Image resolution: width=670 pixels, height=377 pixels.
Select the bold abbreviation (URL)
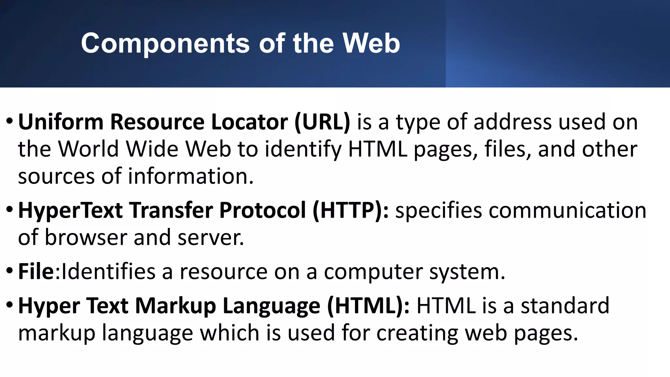point(322,122)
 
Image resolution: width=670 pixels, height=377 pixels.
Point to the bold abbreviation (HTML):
point(368,306)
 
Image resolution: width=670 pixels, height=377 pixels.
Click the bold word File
point(36,271)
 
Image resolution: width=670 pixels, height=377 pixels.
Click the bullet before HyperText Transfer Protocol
point(9,210)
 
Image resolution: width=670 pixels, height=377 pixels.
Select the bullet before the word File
point(9,271)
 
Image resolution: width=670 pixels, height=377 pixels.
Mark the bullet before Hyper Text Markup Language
point(9,305)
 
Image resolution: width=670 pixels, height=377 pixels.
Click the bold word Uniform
point(61,122)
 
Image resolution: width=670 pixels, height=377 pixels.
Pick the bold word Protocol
point(262,210)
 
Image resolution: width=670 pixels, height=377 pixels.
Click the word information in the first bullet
point(190,176)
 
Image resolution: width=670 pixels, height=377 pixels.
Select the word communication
point(567,210)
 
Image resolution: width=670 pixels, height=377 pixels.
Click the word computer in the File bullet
point(373,272)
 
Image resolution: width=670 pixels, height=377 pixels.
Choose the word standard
point(565,306)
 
